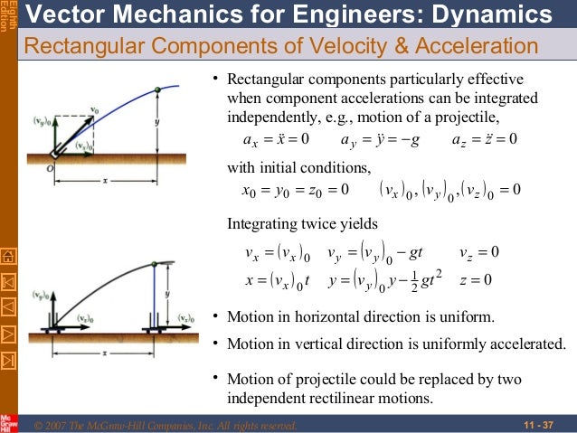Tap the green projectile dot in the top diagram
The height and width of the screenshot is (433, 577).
point(157,89)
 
